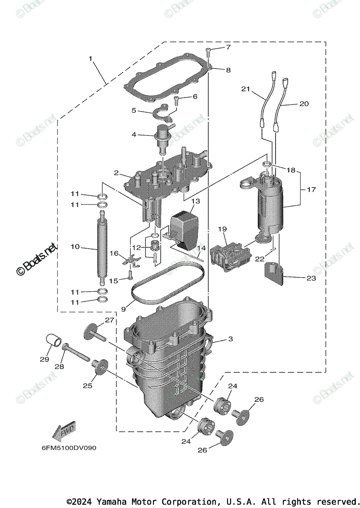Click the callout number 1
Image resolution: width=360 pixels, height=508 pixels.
tap(90, 58)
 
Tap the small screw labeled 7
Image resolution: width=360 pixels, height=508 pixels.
tap(208, 52)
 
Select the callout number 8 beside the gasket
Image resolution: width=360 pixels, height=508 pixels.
tap(228, 70)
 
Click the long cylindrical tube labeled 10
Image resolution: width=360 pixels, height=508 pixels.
tap(102, 250)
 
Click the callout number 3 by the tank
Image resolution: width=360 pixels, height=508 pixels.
tap(230, 339)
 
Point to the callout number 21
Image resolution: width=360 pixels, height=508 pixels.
tap(246, 89)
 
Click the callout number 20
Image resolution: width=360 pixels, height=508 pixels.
tap(304, 103)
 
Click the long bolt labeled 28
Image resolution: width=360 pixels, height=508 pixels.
tap(76, 353)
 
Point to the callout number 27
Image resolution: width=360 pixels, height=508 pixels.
tap(110, 320)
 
